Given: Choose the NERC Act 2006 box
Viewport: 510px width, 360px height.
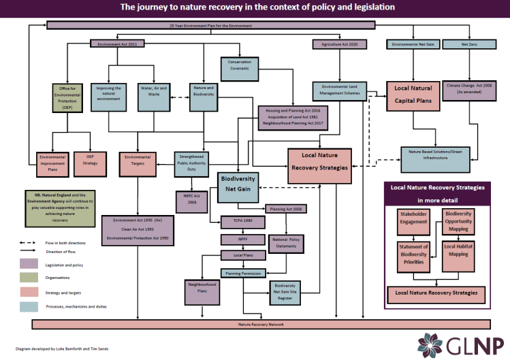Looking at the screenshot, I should click(191, 199).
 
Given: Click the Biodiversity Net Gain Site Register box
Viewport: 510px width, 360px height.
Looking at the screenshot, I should click(293, 292).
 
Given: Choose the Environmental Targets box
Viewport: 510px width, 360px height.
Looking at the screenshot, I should click(141, 161).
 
